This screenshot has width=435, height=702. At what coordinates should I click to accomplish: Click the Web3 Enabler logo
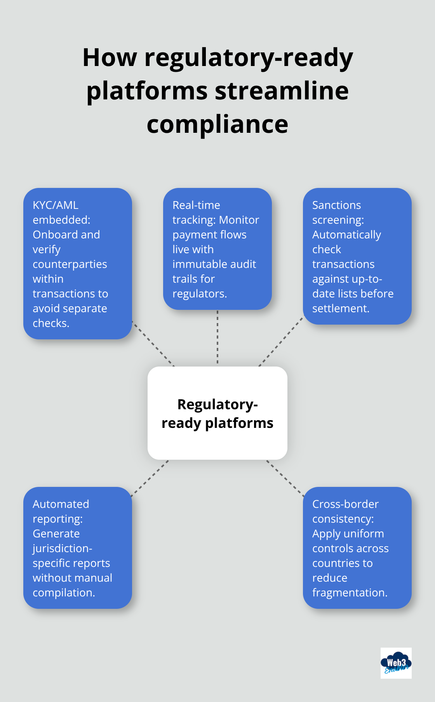[396, 663]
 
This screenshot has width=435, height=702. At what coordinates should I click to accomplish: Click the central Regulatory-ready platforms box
[217, 413]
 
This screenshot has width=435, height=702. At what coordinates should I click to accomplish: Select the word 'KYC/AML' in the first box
[56, 205]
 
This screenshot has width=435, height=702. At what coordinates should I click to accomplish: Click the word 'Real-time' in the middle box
[196, 205]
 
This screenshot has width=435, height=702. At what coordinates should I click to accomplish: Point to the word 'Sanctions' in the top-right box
[336, 205]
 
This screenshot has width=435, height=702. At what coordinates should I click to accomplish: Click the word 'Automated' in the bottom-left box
[61, 504]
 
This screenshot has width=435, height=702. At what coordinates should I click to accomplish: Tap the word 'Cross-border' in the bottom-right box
[345, 504]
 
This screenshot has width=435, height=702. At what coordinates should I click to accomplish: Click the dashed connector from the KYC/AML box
[153, 344]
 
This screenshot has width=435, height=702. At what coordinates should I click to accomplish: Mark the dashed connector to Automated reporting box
[150, 478]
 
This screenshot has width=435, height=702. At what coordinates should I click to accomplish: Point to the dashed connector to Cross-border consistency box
[285, 478]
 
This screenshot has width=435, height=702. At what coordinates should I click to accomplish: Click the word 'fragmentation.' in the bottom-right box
[350, 593]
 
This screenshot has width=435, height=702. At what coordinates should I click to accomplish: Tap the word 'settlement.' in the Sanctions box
[341, 308]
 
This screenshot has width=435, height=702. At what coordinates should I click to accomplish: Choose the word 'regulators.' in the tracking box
[200, 294]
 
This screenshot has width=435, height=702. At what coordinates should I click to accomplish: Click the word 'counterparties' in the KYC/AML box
[70, 264]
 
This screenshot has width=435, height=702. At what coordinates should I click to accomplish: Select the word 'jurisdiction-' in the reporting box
[62, 548]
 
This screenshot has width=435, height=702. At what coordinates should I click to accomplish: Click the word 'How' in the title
[110, 57]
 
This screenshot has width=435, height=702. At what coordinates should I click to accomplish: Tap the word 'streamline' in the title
[282, 91]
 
